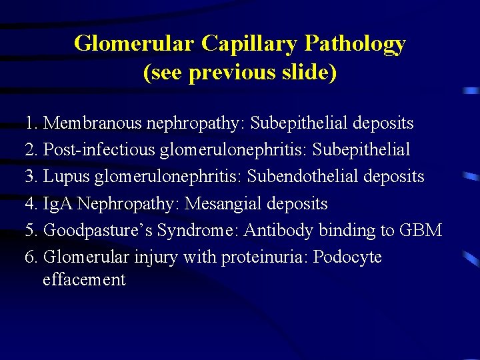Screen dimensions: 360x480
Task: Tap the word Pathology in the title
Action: pyautogui.click(x=355, y=44)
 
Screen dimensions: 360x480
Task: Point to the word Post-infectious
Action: pyautogui.click(x=99, y=150)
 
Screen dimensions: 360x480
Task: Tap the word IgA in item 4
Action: pyautogui.click(x=58, y=203)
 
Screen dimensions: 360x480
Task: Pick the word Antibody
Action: pyautogui.click(x=278, y=231)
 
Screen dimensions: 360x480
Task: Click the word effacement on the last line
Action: pyautogui.click(x=83, y=280)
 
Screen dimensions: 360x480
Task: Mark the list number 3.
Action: pyautogui.click(x=29, y=177)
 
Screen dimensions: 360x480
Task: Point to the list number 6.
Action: pyautogui.click(x=29, y=257)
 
